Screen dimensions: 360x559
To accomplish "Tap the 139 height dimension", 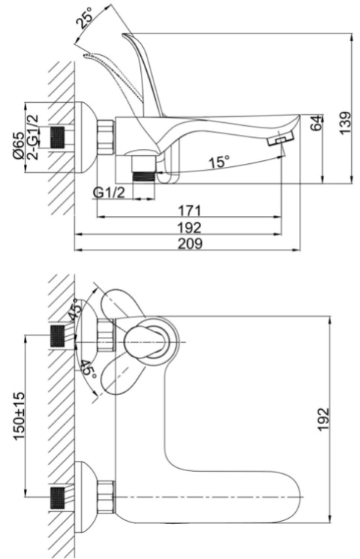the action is [x=345, y=123].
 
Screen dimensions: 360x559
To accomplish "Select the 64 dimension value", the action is [x=317, y=123].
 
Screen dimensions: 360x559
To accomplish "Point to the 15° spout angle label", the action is [x=219, y=162].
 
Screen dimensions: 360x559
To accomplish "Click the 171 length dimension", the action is [x=189, y=210].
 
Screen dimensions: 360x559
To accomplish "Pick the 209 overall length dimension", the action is [x=190, y=244].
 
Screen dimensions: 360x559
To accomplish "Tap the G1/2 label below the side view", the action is [x=109, y=193].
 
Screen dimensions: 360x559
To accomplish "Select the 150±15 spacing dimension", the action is [x=19, y=416].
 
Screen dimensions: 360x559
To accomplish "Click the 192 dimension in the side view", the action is [x=190, y=227].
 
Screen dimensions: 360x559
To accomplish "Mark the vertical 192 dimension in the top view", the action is [x=323, y=419].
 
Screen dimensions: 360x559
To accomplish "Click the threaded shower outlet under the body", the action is [x=144, y=177].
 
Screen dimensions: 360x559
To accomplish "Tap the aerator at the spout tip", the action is [x=280, y=139].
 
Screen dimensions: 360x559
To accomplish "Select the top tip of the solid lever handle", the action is [x=123, y=34].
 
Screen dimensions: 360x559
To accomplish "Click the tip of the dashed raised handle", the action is [x=85, y=55].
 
